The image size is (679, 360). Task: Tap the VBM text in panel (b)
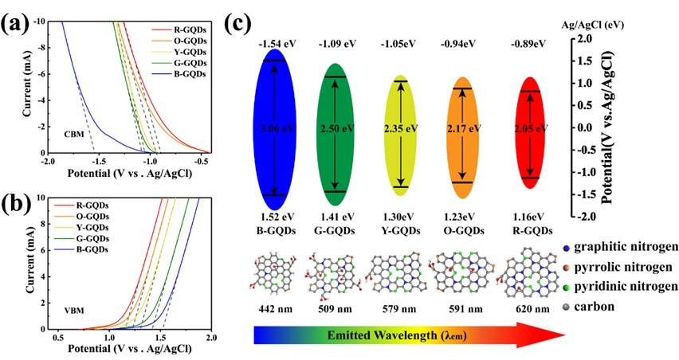(x=75, y=305)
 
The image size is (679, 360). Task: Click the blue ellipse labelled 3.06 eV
(x=275, y=127)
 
